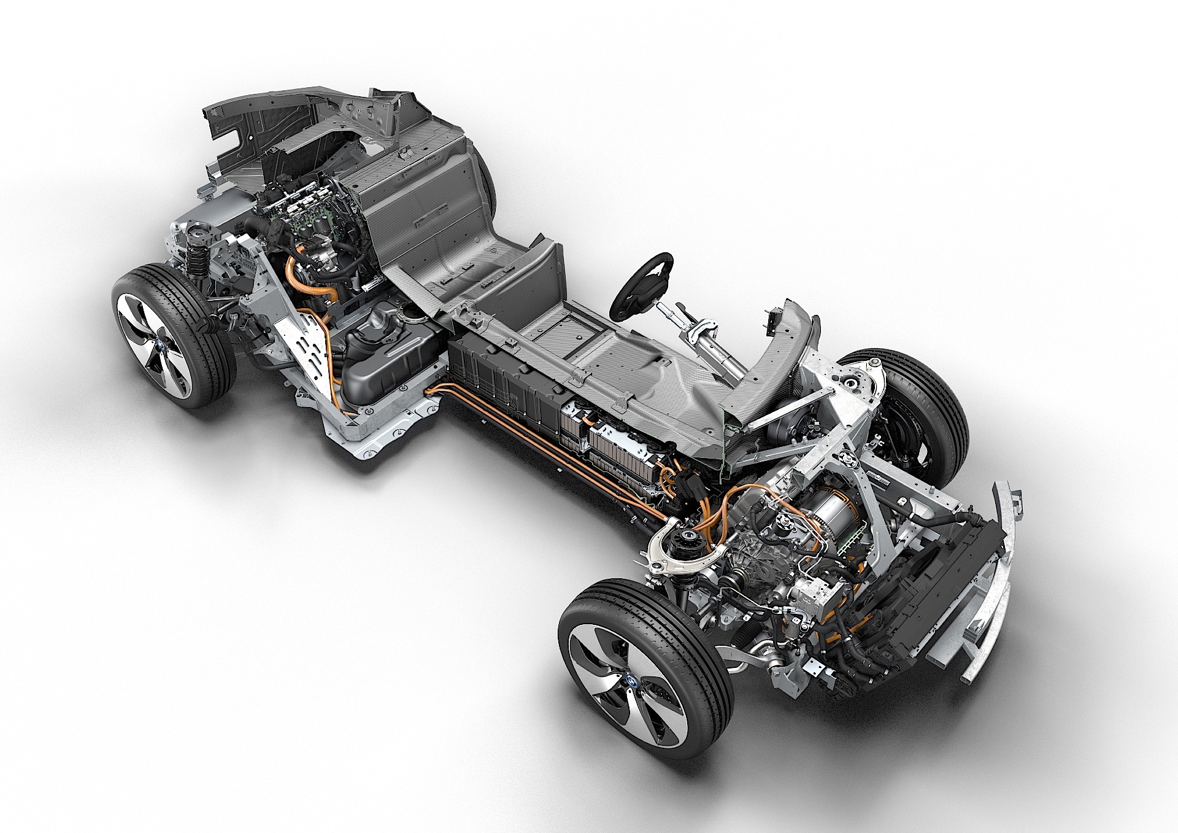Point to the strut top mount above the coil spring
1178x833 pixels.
coord(201,231)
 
